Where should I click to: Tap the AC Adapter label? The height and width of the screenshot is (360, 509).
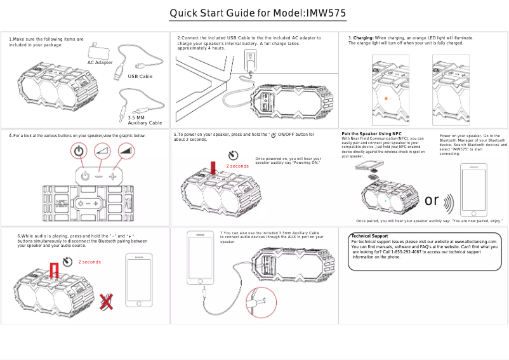pyautogui.click(x=100, y=63)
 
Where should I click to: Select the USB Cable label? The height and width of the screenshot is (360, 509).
pyautogui.click(x=140, y=76)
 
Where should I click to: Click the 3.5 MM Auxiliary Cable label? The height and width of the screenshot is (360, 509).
pyautogui.click(x=145, y=120)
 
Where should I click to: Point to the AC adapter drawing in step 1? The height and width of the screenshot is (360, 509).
pyautogui.click(x=98, y=51)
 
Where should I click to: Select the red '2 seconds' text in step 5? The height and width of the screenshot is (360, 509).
pyautogui.click(x=237, y=166)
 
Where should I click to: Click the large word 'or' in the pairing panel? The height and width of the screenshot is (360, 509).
pyautogui.click(x=432, y=201)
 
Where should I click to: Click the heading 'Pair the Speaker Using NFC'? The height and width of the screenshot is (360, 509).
pyautogui.click(x=371, y=134)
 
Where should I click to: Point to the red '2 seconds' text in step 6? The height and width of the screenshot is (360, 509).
pyautogui.click(x=89, y=262)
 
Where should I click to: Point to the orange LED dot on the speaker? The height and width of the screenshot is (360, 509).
pyautogui.click(x=385, y=99)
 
